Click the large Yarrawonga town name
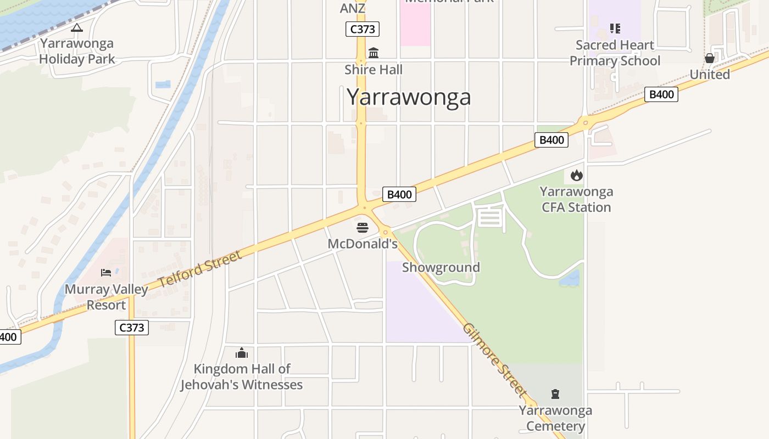[x=409, y=97]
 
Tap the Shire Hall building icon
[x=374, y=53]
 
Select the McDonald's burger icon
[x=363, y=227]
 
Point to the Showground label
[x=441, y=267]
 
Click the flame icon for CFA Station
[x=576, y=176]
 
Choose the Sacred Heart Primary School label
[x=615, y=53]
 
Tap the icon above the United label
[x=710, y=58]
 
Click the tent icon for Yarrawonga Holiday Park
[x=77, y=27]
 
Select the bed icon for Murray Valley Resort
[x=106, y=273]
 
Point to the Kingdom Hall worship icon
[x=242, y=353]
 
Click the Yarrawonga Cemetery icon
[x=555, y=394]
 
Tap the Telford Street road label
[x=200, y=269]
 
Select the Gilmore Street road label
[x=494, y=359]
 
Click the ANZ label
[x=353, y=8]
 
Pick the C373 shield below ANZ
[x=363, y=29]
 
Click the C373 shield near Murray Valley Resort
[x=132, y=328]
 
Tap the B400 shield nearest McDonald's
[x=399, y=194]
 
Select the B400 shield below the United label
[x=661, y=94]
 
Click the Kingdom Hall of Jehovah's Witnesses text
[x=242, y=376]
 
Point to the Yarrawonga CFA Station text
[x=576, y=199]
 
